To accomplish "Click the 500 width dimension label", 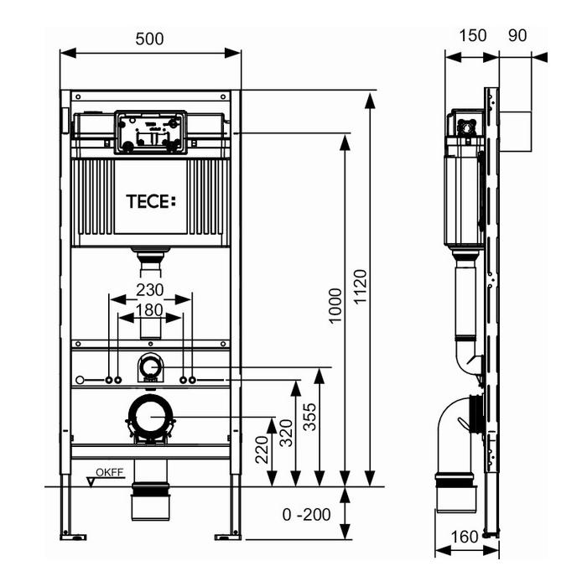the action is (149, 39).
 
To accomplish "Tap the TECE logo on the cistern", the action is (151, 201).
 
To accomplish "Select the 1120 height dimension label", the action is (360, 287).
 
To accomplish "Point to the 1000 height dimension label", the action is (335, 305).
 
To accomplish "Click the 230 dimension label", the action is (150, 290).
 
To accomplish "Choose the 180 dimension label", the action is (149, 310).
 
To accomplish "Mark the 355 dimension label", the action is (309, 417).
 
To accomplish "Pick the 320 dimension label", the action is (286, 434).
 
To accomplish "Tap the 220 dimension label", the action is (262, 449).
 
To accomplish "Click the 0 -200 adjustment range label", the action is (307, 515).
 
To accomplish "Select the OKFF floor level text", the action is (110, 472).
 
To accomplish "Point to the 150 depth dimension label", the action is (472, 35).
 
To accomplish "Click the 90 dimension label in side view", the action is (517, 35).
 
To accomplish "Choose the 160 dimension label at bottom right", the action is (465, 538).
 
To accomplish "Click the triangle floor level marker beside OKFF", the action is (91, 482).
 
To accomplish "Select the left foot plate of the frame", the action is (73, 538).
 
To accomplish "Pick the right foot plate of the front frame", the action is (228, 538).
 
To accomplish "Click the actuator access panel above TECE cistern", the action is (150, 132).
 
